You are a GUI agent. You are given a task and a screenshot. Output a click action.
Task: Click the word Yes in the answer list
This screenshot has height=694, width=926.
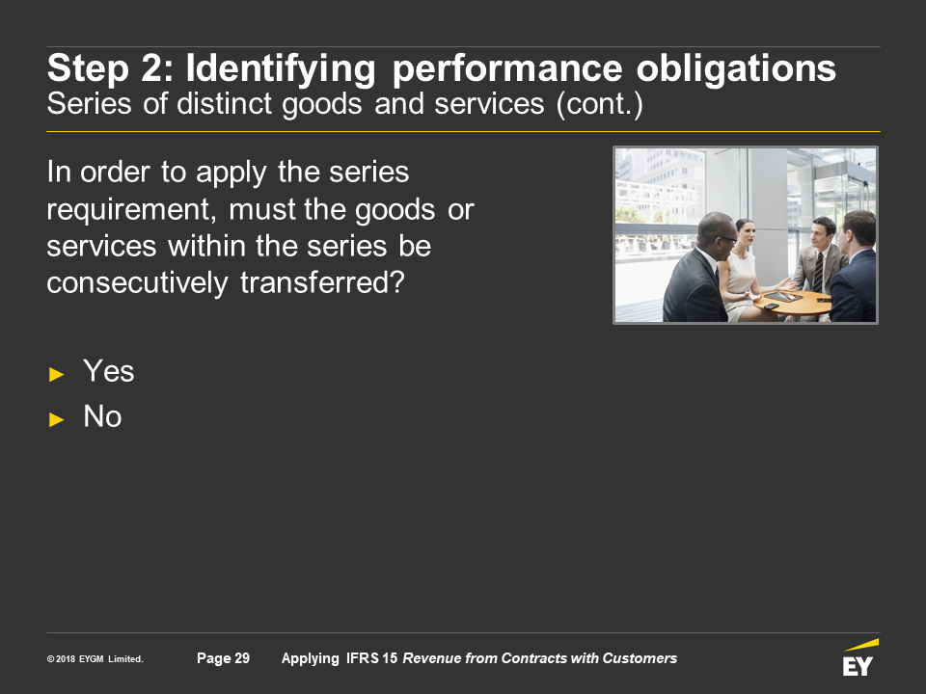(x=109, y=371)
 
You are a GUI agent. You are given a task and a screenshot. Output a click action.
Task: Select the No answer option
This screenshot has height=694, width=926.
(x=103, y=416)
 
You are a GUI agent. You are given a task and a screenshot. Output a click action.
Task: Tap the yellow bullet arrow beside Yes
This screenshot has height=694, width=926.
(x=56, y=374)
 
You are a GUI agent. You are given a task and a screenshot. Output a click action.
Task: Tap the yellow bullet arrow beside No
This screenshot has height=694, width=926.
(x=56, y=419)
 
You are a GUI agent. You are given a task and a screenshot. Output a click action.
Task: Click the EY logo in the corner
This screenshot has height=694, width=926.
(x=860, y=657)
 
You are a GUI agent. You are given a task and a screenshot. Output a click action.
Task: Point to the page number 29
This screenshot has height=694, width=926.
(x=242, y=658)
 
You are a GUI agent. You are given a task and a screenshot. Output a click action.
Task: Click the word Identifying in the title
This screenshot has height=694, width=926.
(x=281, y=69)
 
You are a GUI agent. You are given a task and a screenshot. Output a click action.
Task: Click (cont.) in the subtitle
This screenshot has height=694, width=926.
(x=599, y=104)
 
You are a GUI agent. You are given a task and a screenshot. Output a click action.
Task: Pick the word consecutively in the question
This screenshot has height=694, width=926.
(x=137, y=283)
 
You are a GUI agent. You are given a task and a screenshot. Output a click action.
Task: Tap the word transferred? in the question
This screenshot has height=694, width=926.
(x=322, y=282)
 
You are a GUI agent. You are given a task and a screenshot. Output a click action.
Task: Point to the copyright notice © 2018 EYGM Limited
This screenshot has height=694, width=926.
(x=95, y=659)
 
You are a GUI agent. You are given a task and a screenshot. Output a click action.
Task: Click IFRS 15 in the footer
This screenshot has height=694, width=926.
(x=371, y=658)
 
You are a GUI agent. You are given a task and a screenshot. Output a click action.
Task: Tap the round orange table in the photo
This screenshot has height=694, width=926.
(x=793, y=302)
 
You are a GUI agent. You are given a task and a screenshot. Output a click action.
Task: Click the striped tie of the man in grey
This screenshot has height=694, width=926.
(x=819, y=273)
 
